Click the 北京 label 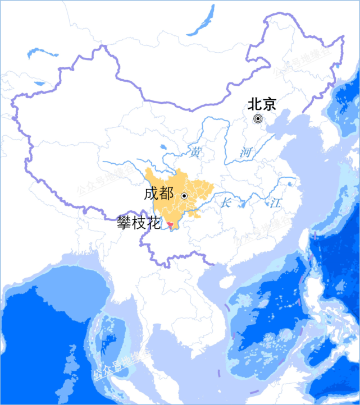[262, 104]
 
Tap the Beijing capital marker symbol [257, 118]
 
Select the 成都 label [158, 195]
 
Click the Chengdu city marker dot [184, 196]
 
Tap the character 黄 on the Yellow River [195, 152]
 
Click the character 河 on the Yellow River [245, 152]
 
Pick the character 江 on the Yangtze [275, 203]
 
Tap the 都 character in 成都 [166, 195]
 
